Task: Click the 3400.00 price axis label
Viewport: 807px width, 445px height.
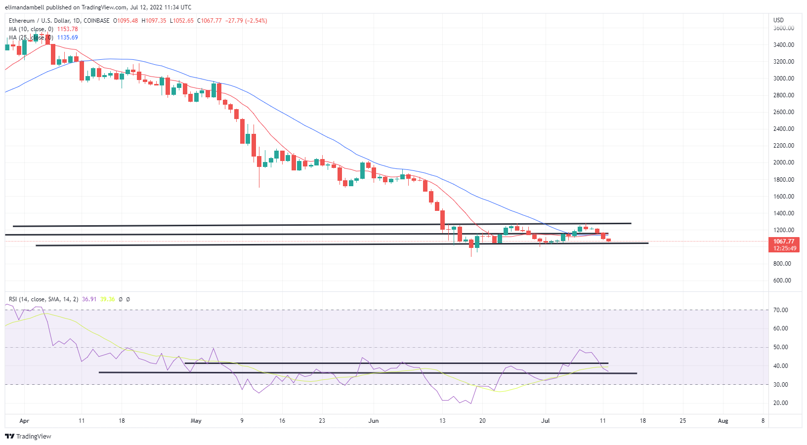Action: coord(783,45)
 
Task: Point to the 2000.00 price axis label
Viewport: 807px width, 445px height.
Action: coord(783,162)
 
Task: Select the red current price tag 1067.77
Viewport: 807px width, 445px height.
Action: coord(784,242)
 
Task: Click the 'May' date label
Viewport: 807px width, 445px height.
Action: coord(196,421)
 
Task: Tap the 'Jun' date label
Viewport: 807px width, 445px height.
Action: coord(374,421)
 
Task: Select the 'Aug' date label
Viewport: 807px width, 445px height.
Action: coord(723,421)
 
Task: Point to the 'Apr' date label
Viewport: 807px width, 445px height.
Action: coord(24,421)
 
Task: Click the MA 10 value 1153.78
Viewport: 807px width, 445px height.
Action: coord(67,29)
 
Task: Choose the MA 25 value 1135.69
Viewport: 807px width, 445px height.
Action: coord(67,38)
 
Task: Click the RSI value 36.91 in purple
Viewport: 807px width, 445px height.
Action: coord(89,299)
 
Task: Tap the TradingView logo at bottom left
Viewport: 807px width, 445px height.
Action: coord(28,436)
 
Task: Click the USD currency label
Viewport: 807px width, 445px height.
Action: coord(778,20)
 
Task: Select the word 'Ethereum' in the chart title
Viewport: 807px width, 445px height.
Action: coord(22,21)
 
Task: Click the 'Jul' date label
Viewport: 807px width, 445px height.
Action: coord(546,421)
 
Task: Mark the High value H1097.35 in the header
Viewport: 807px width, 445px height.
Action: coord(154,21)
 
